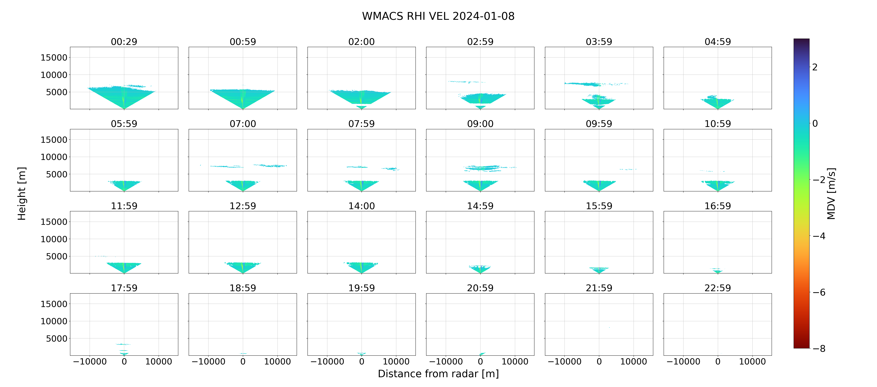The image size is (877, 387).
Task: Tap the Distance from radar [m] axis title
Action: [x=438, y=374]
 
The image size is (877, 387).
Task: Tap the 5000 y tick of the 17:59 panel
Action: [x=57, y=339]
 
